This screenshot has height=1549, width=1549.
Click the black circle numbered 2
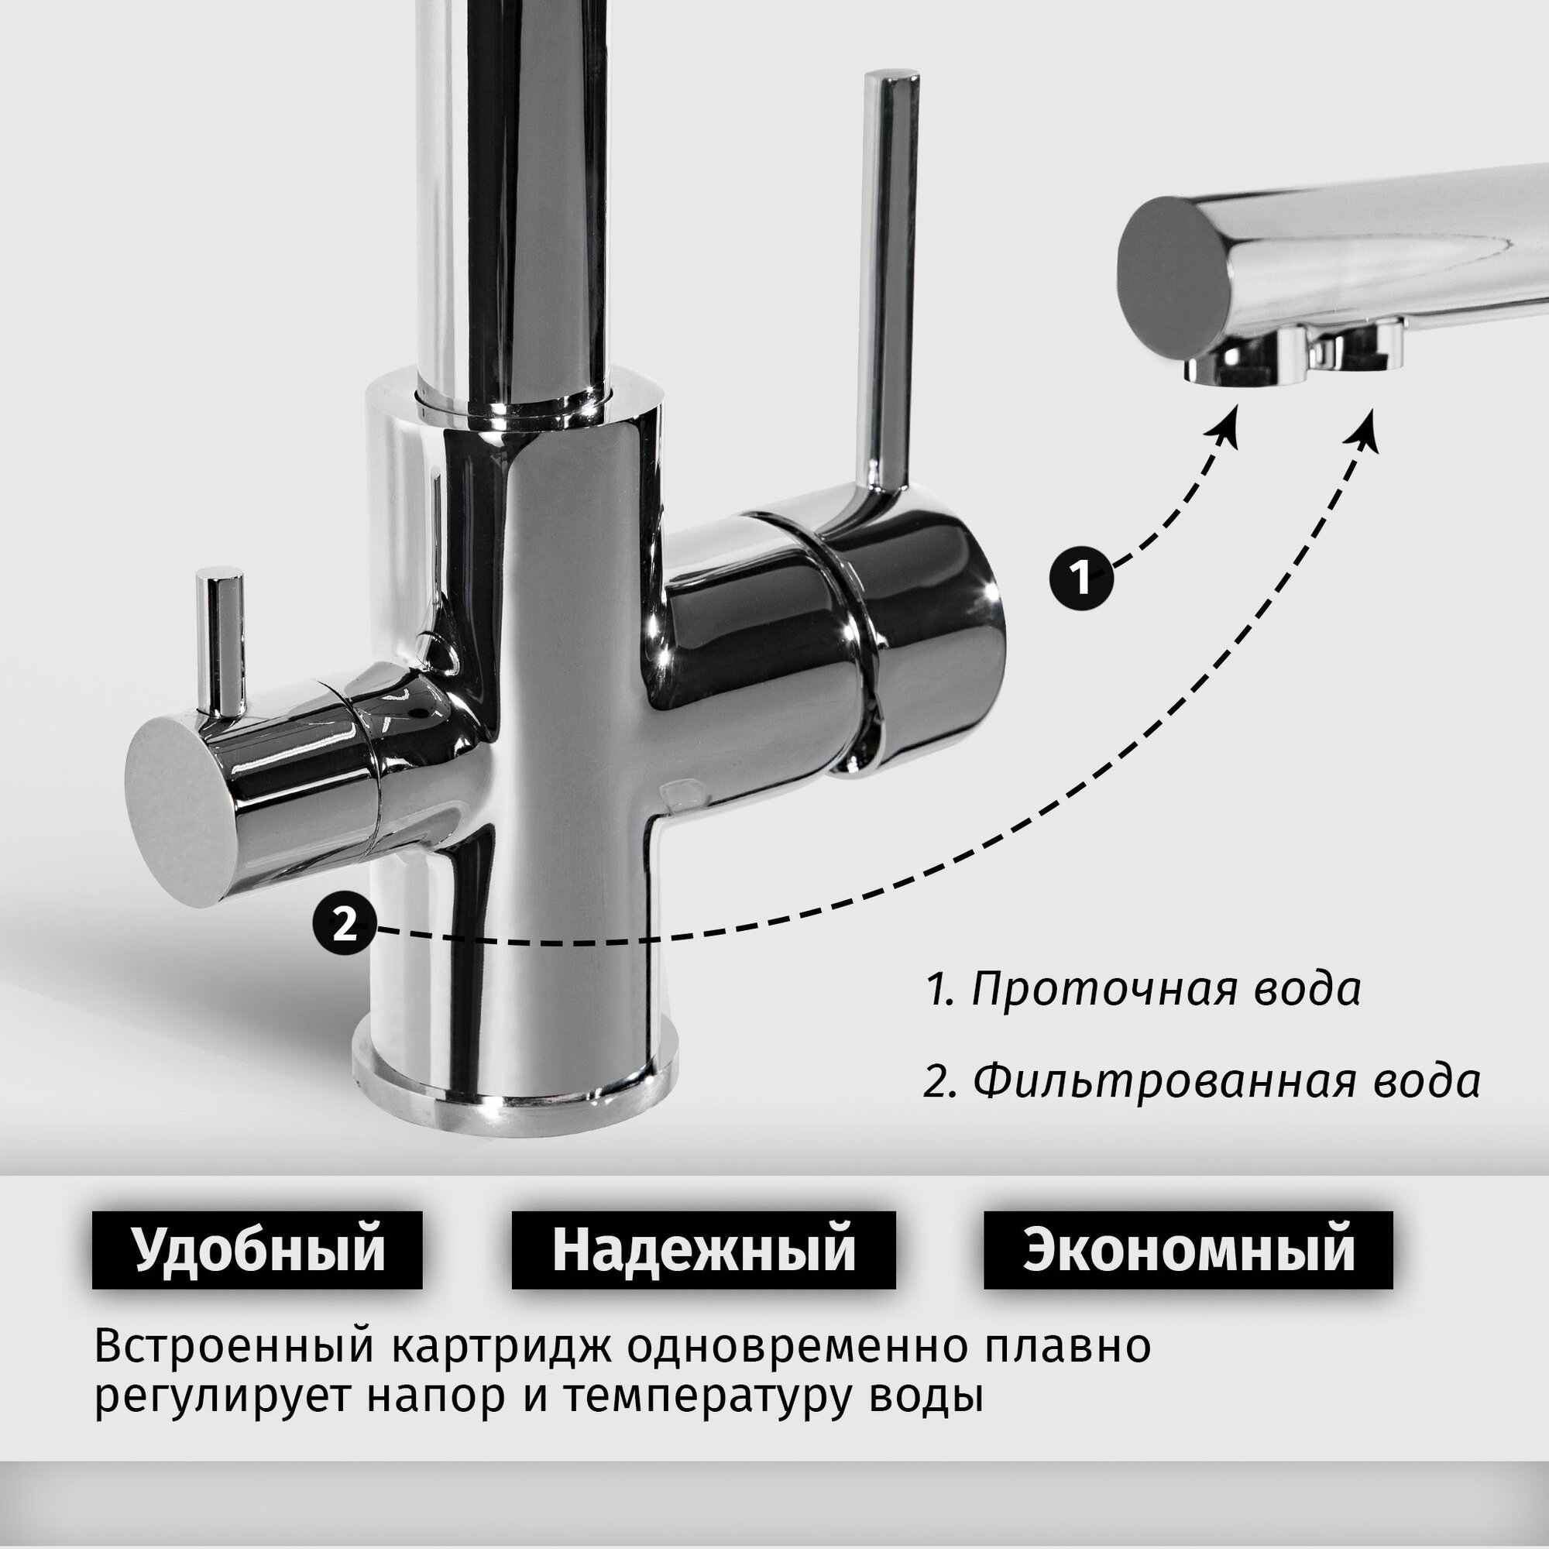click(344, 926)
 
